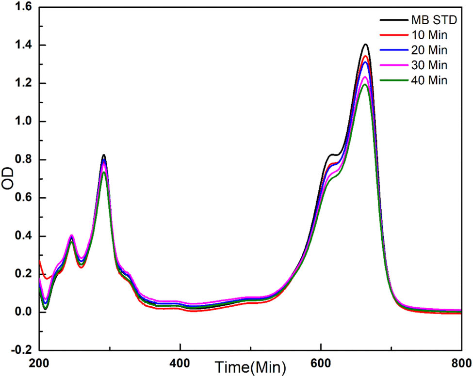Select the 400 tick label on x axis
(180, 361)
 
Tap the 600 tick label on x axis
(321, 361)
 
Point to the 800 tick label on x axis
(460, 361)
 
